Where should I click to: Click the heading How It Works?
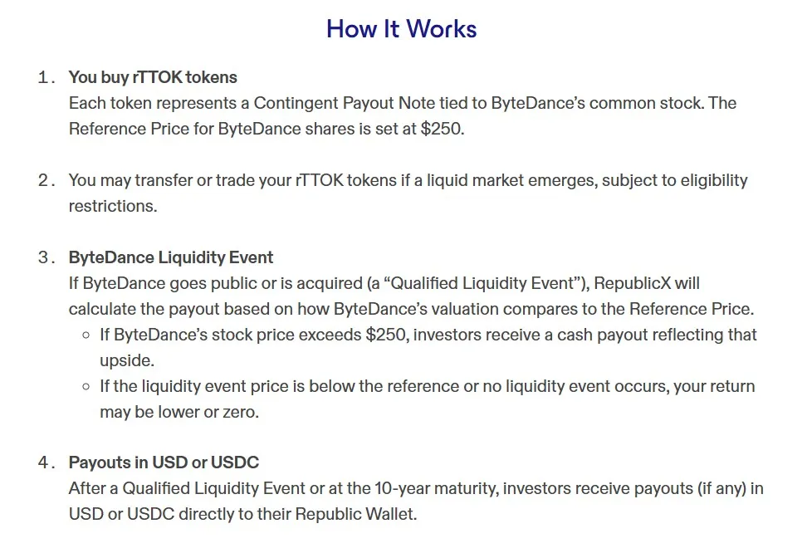coord(401,29)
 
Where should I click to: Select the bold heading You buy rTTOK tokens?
coord(153,77)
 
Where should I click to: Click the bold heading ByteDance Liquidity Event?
coord(171,257)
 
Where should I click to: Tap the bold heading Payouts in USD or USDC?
coord(164,462)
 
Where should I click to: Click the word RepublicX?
coord(633,283)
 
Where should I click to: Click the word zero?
coord(241,412)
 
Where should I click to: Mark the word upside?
coord(126,360)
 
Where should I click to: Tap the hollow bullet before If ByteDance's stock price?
coord(86,335)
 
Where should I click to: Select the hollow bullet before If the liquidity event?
coord(86,387)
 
